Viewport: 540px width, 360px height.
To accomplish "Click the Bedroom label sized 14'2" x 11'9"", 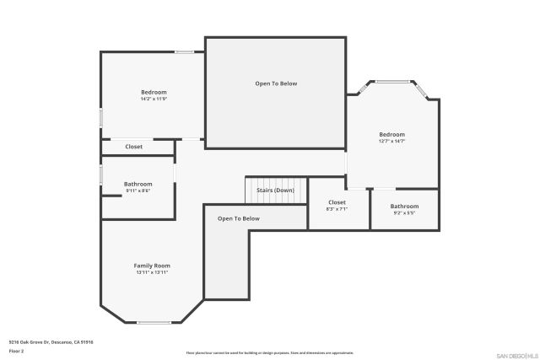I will point(154,92).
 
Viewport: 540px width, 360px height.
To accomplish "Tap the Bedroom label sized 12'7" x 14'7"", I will point(391,135).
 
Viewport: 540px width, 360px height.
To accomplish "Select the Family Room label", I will point(152,266).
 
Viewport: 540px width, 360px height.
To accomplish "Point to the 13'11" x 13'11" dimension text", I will point(152,273).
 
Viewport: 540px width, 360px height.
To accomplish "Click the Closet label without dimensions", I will point(134,147).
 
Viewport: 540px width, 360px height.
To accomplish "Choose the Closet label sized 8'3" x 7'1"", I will point(337,202).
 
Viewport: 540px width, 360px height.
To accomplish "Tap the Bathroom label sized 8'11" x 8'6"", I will point(138,184).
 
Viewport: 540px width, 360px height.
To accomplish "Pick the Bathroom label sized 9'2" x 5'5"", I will point(404,207).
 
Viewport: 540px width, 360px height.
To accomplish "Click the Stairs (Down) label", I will point(275,191).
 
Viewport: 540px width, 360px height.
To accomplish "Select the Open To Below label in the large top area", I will point(276,83).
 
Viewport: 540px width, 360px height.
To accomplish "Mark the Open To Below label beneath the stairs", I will point(239,218).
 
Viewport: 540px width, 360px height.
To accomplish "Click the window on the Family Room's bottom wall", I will point(154,322).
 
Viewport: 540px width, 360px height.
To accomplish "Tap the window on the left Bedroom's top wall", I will point(185,53).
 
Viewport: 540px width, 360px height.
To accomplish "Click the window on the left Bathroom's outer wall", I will point(101,174).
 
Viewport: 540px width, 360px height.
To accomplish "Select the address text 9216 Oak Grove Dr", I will point(51,342).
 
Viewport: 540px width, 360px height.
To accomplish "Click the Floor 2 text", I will point(17,350).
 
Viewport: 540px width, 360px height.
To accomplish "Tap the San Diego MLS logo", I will point(516,355).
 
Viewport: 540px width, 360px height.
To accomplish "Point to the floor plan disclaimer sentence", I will point(269,352).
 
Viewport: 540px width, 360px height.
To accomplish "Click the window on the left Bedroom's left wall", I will point(101,118).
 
